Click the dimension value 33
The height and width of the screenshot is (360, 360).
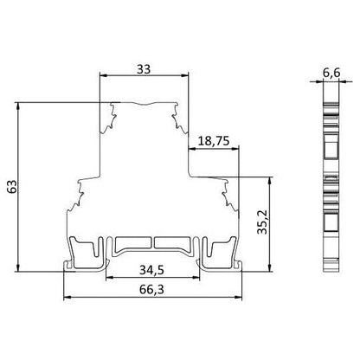[144, 69]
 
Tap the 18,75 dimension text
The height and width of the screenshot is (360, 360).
[214, 141]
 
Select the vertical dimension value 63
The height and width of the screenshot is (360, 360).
[12, 186]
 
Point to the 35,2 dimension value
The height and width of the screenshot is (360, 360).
[262, 222]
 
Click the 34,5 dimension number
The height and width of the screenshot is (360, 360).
[151, 270]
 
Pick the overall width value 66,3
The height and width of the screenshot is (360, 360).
[151, 289]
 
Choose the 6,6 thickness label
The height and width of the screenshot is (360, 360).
[331, 73]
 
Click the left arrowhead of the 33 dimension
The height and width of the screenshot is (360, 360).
[103, 75]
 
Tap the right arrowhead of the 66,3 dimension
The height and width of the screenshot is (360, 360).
[238, 297]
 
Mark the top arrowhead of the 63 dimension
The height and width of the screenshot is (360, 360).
[18, 106]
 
